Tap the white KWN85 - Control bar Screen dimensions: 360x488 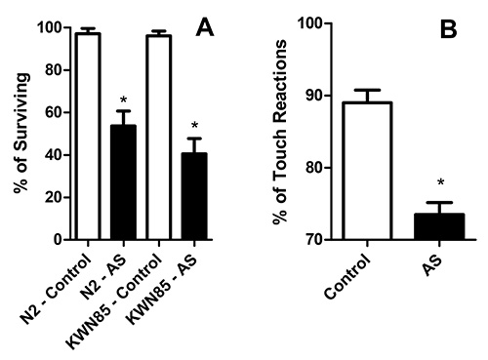[158, 138]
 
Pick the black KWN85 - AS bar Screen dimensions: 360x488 [193, 196]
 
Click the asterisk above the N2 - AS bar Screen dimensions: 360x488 [123, 100]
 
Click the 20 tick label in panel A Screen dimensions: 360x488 [55, 197]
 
